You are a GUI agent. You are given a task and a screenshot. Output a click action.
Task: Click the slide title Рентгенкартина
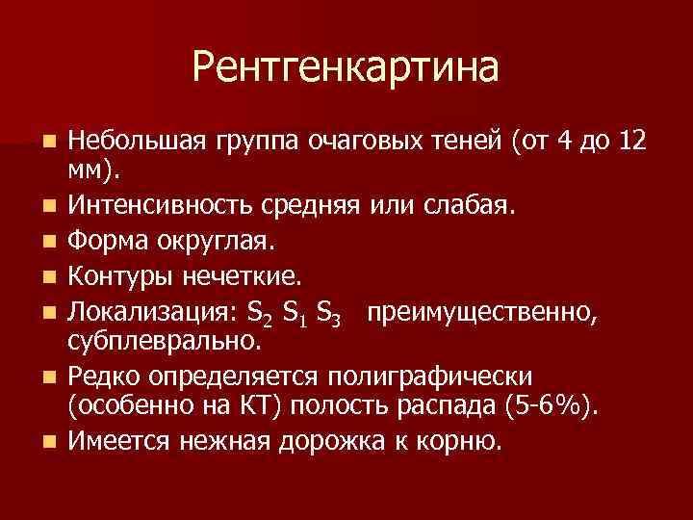pos(346,68)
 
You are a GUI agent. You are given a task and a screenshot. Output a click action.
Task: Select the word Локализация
pos(141,312)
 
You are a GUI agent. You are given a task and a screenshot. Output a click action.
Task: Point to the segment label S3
pos(328,314)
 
